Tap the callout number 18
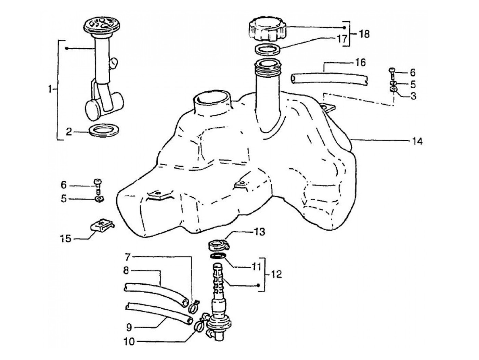click(363, 34)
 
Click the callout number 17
click(342, 39)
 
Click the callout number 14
click(417, 142)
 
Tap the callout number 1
click(51, 89)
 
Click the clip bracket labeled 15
click(102, 225)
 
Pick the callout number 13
click(259, 232)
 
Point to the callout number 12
click(276, 274)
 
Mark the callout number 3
click(413, 96)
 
